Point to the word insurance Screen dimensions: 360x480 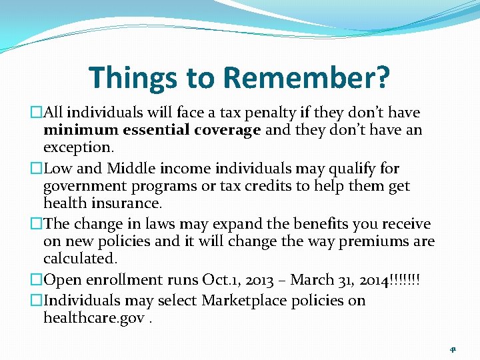[x=126, y=202]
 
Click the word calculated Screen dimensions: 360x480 [x=80, y=257]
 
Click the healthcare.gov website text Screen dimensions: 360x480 [x=94, y=318]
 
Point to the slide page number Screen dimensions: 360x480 [x=453, y=349]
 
